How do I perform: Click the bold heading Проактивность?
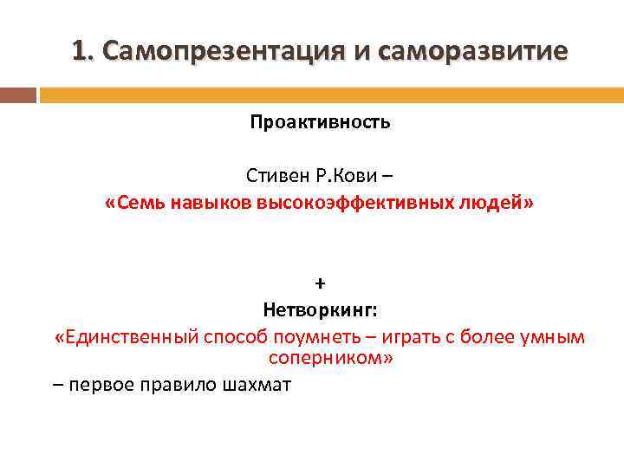[320, 122]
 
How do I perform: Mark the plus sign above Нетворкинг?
[320, 284]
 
